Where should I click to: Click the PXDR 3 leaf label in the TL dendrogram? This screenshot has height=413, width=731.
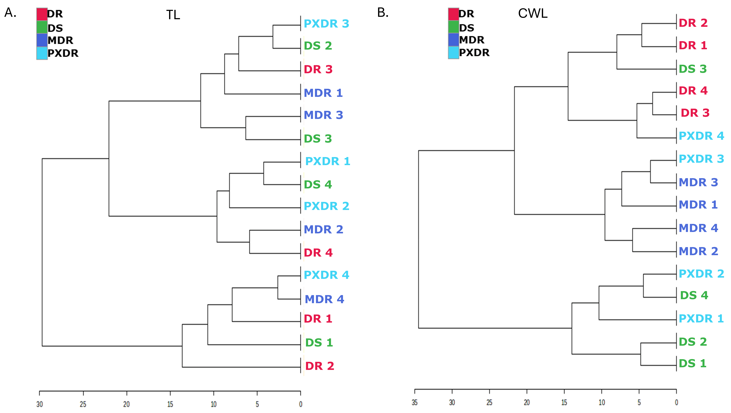point(326,24)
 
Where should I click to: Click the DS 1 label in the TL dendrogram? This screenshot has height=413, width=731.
point(319,343)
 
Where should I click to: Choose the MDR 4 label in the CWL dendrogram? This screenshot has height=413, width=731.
point(698,228)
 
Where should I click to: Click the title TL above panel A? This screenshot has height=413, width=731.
point(173,15)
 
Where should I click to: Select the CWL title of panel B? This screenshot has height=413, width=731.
point(533,13)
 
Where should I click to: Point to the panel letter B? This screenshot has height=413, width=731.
point(383,13)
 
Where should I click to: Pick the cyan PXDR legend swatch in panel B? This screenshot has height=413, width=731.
point(454,53)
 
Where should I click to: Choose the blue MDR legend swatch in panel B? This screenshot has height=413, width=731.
point(454,40)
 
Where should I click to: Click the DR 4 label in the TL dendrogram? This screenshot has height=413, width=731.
point(318,253)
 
